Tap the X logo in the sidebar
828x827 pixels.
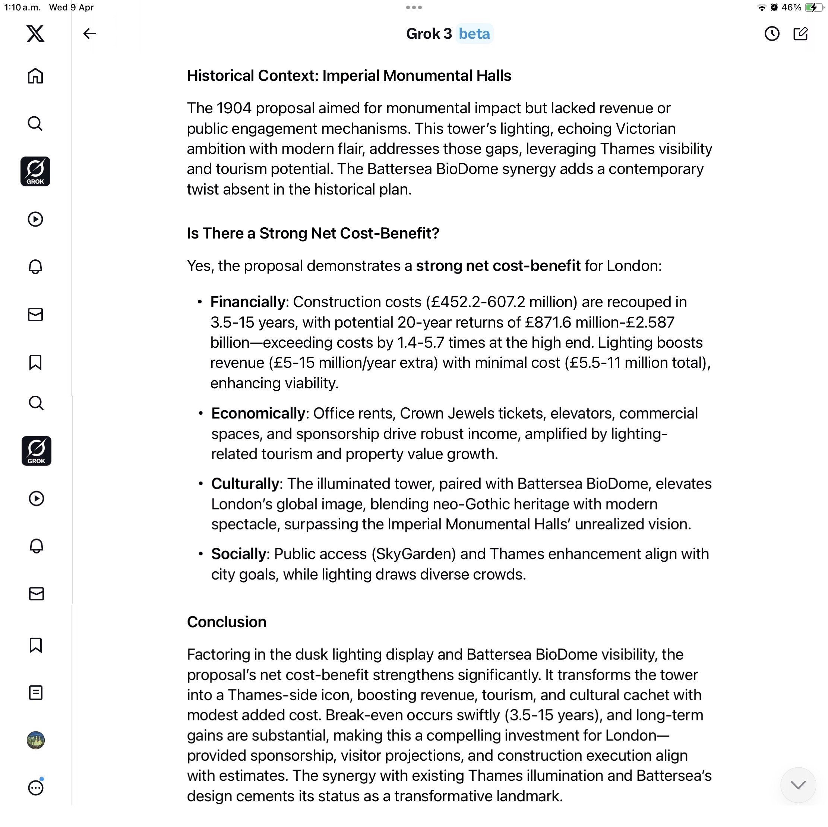tap(35, 34)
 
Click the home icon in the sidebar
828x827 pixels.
tap(35, 76)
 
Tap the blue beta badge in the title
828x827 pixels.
tap(474, 34)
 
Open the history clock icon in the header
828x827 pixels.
tap(772, 34)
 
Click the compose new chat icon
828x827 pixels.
tap(800, 34)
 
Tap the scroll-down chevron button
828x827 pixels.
tap(797, 785)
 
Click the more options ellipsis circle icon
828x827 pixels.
tap(35, 787)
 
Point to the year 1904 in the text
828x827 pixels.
tap(234, 108)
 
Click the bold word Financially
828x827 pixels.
tap(248, 302)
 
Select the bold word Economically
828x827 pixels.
tap(258, 414)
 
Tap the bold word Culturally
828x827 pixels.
tap(245, 484)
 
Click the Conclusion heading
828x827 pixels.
tap(227, 622)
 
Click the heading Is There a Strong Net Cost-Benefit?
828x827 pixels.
tap(313, 233)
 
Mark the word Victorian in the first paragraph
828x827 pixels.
tap(645, 129)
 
